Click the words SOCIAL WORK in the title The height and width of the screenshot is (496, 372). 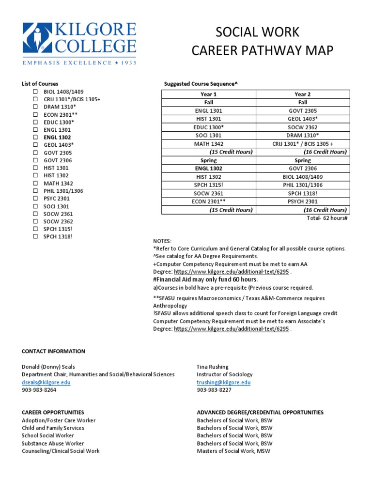coord(257,32)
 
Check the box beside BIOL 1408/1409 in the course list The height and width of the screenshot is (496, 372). coord(35,91)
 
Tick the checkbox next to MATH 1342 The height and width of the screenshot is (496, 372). coord(35,183)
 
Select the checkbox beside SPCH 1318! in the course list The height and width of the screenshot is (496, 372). coord(35,236)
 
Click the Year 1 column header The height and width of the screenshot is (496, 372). coord(208,94)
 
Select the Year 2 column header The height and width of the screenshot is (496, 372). coord(303,94)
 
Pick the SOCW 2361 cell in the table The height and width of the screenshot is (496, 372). coord(208,193)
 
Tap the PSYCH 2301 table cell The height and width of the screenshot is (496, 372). coord(303,201)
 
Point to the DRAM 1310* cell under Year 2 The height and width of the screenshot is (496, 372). coord(303,135)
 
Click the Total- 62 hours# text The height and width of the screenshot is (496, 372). coord(327,218)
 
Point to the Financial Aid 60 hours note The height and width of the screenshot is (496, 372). coord(205,279)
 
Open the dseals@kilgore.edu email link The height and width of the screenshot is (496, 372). coord(46,382)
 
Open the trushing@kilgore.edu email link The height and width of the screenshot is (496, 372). coord(223,382)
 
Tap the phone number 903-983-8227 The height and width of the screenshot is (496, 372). coord(214,389)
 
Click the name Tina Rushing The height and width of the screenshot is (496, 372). coord(213,367)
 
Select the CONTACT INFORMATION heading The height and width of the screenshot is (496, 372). coord(53,351)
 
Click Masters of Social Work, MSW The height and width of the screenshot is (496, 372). coord(233,451)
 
